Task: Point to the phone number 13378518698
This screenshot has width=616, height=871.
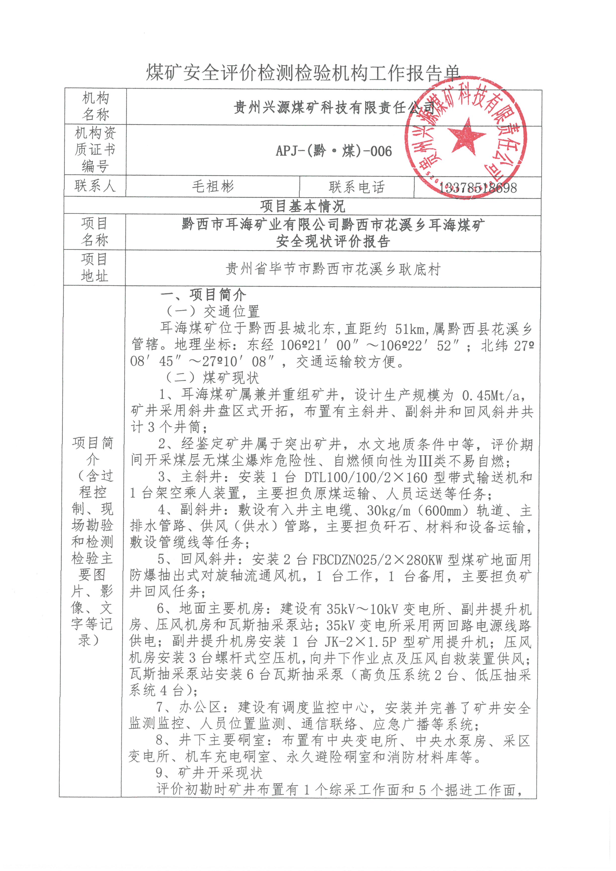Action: [x=478, y=188]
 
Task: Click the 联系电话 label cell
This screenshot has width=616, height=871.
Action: [x=356, y=187]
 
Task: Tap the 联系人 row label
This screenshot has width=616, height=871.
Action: [x=95, y=186]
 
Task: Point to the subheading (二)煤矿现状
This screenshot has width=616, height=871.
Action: [x=212, y=378]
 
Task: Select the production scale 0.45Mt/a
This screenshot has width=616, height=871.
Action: [x=493, y=395]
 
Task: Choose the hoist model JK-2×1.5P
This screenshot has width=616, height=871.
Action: [x=360, y=642]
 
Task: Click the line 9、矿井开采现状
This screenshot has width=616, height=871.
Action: [x=209, y=773]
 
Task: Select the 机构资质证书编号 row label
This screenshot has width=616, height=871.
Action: [x=95, y=150]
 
